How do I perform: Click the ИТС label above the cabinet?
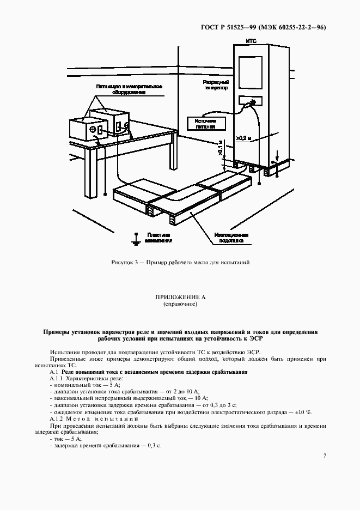pos(251,41)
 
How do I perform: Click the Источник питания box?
pos(205,123)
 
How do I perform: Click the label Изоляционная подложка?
pos(235,237)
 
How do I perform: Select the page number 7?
pos(325,456)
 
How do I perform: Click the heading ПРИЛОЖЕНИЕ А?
pos(180,297)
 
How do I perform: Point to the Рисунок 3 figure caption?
pos(180,262)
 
